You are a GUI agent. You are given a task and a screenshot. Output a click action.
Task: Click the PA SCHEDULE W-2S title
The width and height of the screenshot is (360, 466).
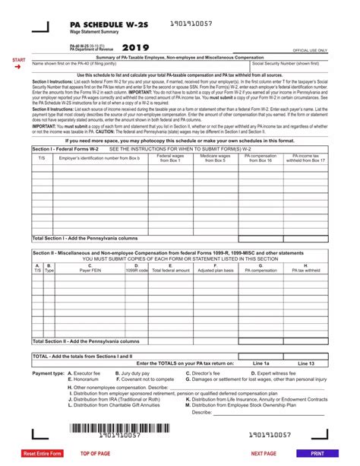96,25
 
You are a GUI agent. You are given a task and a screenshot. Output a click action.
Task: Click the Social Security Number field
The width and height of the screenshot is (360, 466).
288,69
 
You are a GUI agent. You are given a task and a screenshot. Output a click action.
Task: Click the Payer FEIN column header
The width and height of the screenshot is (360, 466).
89,268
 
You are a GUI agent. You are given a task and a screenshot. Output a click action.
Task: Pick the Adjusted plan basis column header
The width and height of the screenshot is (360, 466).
215,268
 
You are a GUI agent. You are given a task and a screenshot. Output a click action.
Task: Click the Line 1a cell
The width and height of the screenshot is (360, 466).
260,363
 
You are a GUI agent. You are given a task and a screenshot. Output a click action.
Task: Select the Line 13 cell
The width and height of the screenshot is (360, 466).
306,363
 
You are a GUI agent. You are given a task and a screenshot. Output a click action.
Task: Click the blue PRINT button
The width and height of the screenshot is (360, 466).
317,453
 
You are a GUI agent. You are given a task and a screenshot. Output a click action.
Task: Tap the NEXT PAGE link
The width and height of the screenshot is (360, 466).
263,453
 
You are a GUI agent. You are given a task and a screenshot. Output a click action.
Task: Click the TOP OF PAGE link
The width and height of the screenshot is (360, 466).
95,453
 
